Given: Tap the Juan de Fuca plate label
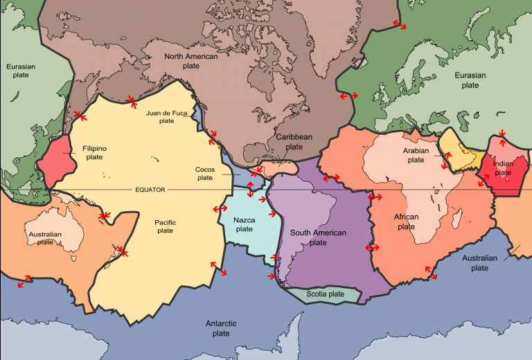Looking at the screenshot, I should click(x=166, y=116).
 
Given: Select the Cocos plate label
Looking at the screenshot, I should click(x=204, y=173).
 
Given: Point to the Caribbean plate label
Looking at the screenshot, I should click(x=294, y=142).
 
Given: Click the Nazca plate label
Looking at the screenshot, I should click(x=245, y=224).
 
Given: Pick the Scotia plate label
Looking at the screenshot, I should click(x=326, y=294).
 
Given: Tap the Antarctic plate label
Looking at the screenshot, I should click(x=221, y=328).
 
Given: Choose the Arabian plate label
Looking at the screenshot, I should click(x=416, y=155).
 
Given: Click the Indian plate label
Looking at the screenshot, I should click(x=504, y=168).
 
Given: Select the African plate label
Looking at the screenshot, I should click(x=407, y=222).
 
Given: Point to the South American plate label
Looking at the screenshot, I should click(x=318, y=237).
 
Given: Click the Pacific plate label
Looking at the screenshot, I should click(x=165, y=226).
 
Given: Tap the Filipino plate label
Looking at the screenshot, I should click(x=94, y=153).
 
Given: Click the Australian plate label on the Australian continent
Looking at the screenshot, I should click(x=45, y=238).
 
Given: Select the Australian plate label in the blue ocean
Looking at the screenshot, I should click(x=479, y=263).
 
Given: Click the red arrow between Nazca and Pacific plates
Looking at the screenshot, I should click(x=220, y=208).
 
